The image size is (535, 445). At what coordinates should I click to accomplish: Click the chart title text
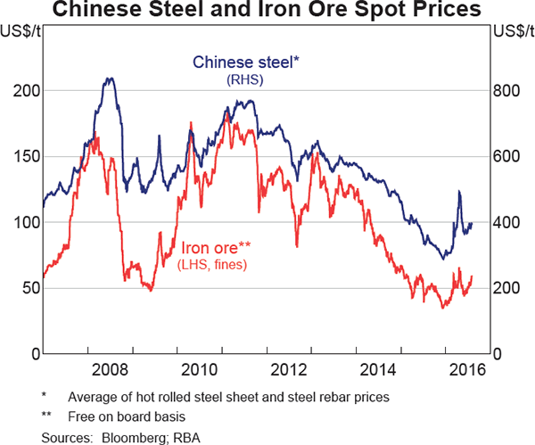click(x=267, y=12)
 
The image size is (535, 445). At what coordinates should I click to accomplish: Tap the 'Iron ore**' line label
click(x=217, y=248)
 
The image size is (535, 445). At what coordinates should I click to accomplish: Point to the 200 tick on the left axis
click(x=27, y=91)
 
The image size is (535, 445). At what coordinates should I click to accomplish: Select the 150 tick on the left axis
click(x=27, y=157)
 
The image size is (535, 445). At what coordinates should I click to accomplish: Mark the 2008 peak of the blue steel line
click(x=109, y=78)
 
